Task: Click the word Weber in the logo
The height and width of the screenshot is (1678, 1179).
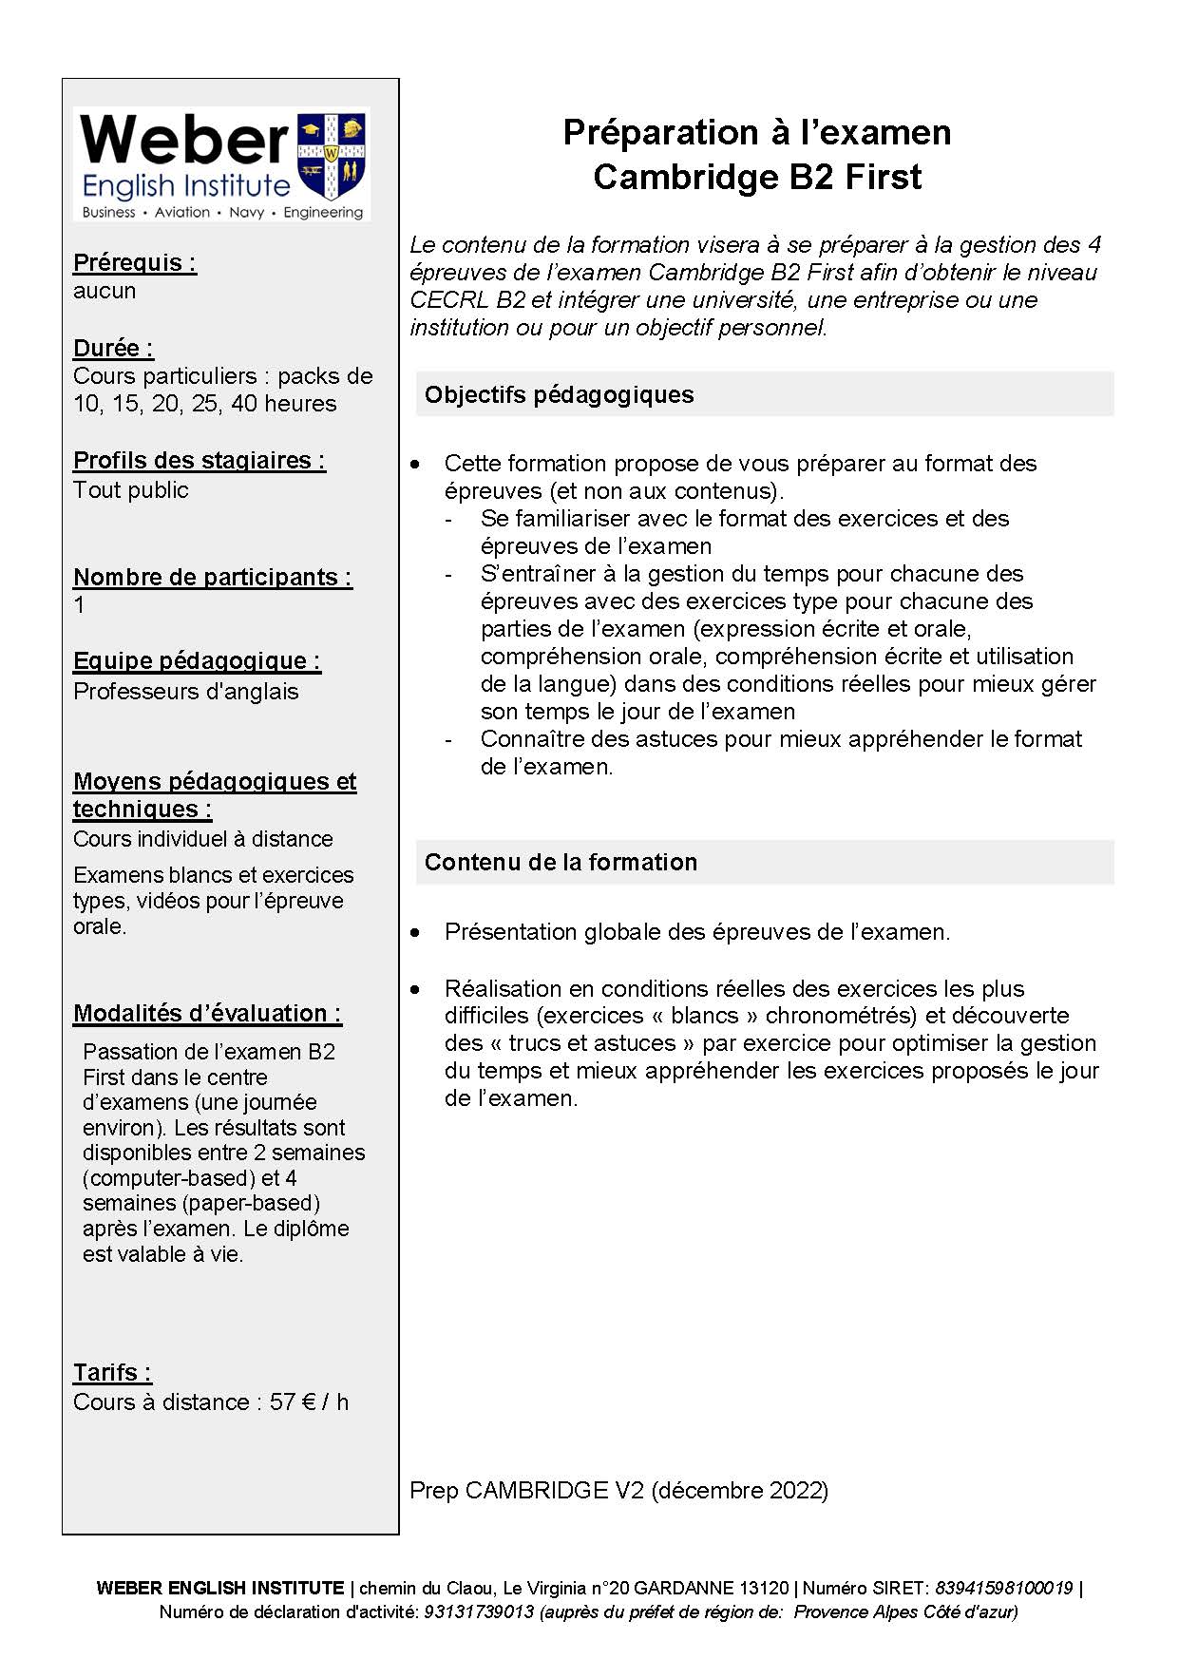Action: [184, 141]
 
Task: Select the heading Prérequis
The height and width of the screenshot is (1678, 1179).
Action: [135, 262]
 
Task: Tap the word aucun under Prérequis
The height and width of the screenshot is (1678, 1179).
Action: [105, 291]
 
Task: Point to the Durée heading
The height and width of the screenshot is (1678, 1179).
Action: [113, 348]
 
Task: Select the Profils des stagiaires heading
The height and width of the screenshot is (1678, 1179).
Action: [200, 461]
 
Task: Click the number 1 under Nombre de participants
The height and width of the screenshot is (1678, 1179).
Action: [79, 605]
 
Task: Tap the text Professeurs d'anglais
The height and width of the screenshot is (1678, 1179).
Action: [186, 692]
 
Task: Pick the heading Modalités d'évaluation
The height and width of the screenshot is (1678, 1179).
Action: [207, 1013]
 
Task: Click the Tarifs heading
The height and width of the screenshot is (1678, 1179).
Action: [112, 1372]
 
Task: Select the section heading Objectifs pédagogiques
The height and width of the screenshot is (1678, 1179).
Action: [560, 394]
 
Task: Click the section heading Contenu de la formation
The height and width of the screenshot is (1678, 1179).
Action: [561, 862]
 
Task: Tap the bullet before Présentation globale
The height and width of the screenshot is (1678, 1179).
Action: [415, 933]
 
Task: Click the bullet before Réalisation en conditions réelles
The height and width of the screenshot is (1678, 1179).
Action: [415, 989]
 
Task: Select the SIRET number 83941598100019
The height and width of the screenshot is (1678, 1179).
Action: [1003, 1588]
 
